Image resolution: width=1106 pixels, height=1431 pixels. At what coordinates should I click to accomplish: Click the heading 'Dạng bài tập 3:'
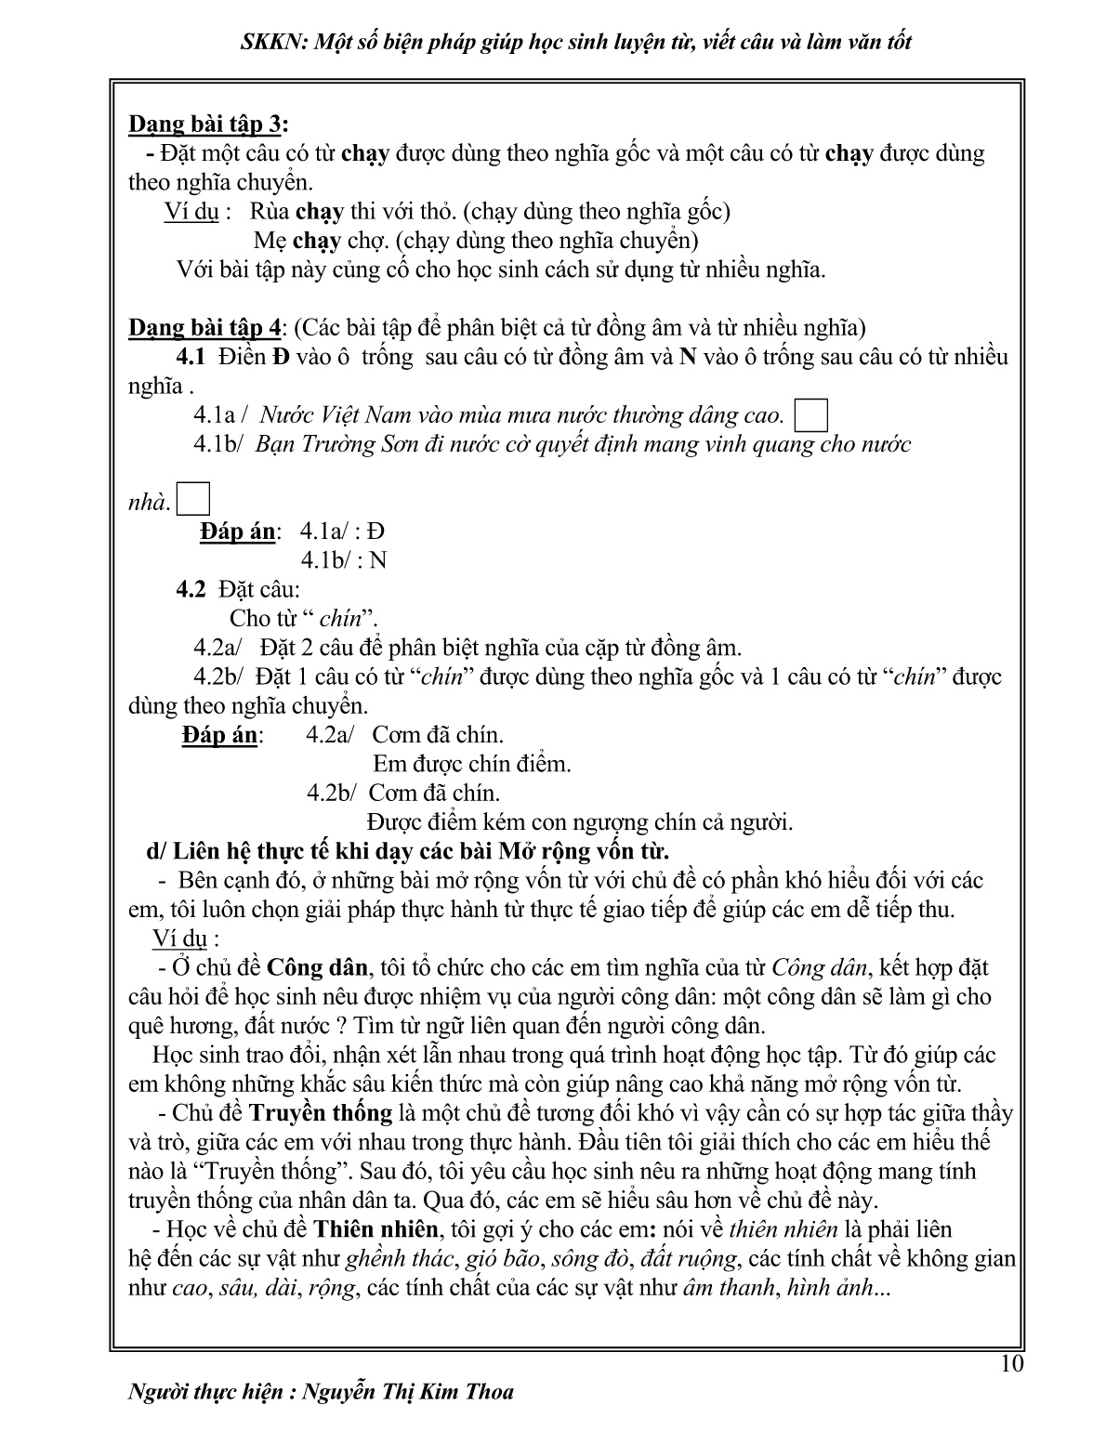click(x=208, y=125)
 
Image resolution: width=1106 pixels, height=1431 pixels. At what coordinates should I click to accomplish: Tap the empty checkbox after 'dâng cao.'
click(x=811, y=415)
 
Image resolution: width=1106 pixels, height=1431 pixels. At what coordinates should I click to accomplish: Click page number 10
click(x=1012, y=1364)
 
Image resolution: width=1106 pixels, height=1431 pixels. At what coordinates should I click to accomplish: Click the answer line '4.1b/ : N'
click(x=343, y=560)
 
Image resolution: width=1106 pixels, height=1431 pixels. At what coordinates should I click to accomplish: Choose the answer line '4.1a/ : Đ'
click(x=342, y=532)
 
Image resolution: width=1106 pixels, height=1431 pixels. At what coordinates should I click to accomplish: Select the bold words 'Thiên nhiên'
click(x=375, y=1229)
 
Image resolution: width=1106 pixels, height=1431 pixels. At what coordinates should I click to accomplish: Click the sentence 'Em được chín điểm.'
click(x=471, y=764)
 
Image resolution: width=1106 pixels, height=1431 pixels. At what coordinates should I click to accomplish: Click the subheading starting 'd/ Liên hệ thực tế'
click(x=408, y=851)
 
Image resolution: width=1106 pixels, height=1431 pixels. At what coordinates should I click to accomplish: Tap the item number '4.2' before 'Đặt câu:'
click(x=191, y=589)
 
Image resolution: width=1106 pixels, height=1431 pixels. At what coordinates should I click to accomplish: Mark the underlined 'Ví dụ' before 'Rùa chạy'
click(x=191, y=212)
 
